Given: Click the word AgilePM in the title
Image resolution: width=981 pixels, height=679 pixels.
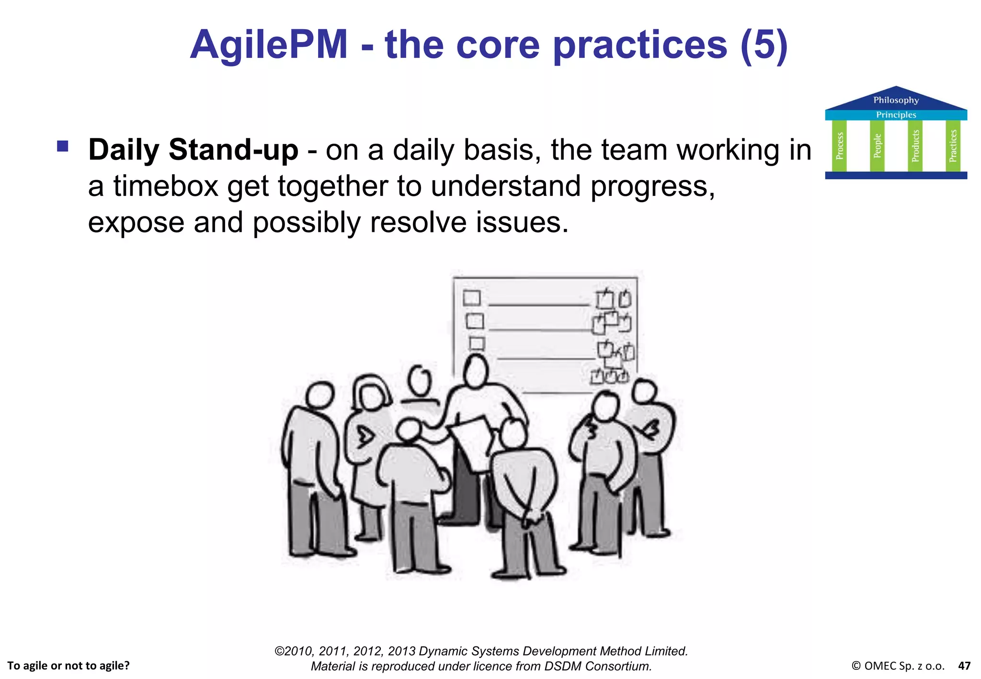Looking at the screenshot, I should pos(269,45).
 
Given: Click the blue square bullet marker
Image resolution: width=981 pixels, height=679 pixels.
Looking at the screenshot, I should pos(63,146).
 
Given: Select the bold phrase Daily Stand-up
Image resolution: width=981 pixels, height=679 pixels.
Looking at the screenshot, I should pos(193,150).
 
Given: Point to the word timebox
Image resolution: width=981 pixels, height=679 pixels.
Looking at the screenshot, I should pos(166,186).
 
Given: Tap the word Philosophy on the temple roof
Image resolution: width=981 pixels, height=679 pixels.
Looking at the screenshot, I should pos(896,100).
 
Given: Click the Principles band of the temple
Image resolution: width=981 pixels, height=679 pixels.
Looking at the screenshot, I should pos(896,115).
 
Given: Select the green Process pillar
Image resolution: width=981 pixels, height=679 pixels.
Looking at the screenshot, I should pos(839,146).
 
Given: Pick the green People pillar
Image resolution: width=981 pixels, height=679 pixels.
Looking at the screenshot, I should pos(877,146).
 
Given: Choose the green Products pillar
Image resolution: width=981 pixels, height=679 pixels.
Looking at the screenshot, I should pos(915,146).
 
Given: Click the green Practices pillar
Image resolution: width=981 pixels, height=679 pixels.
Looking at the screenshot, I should pos(953,146).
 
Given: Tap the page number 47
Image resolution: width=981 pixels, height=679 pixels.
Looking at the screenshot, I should pos(964,666).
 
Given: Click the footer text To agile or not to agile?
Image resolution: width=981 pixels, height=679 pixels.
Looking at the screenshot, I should pos(68,666).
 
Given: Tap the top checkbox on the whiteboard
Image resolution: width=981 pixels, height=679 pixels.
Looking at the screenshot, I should pos(472,298).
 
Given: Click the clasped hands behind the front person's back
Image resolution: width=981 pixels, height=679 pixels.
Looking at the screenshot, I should pos(529,517).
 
